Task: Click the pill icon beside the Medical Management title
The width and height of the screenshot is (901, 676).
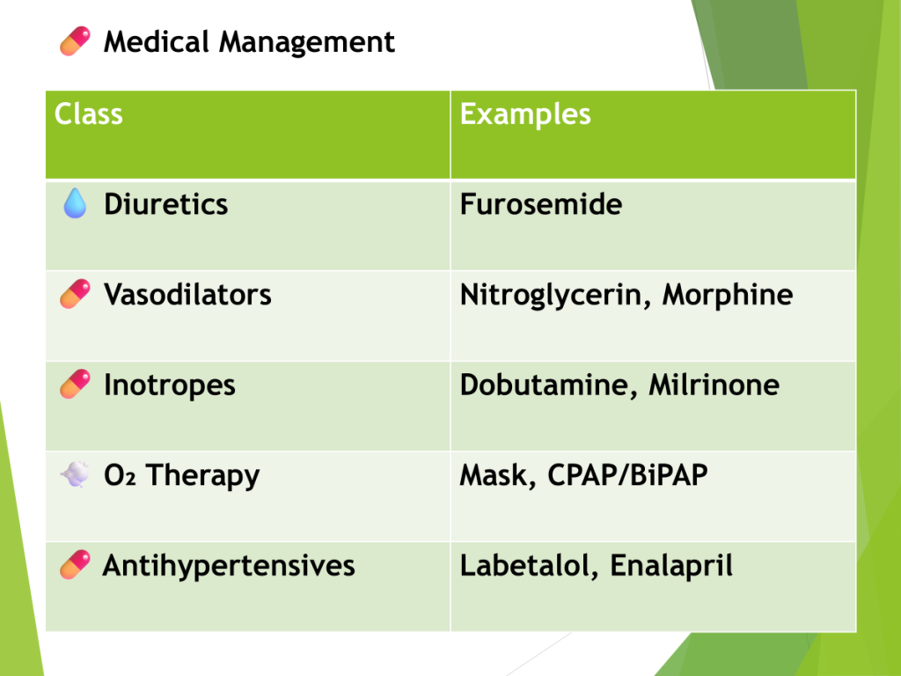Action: pos(76,41)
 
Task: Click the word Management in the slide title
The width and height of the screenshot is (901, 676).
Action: pos(307,43)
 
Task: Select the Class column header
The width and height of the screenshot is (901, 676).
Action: pos(89,114)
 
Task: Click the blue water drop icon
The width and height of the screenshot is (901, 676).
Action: pos(75,203)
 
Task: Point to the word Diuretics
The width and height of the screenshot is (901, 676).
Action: pos(166,204)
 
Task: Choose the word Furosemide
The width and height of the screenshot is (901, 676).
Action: pos(541,204)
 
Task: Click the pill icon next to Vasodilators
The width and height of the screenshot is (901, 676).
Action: pos(76,294)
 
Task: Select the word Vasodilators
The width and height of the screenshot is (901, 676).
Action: pos(187,295)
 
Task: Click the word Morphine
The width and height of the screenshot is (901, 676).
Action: pos(728,296)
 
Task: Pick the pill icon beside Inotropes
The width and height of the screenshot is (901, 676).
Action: pos(76,384)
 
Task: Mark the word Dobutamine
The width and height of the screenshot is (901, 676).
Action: pos(544,386)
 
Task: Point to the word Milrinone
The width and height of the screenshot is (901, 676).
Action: pos(714,386)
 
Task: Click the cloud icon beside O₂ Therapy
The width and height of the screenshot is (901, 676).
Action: pos(75,474)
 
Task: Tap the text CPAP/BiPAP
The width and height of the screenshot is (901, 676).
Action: pos(627,475)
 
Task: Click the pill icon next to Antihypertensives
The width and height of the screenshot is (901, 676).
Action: pos(76,564)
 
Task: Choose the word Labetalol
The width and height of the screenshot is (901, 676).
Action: pos(524,566)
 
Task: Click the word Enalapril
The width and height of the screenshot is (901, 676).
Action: pos(671,567)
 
